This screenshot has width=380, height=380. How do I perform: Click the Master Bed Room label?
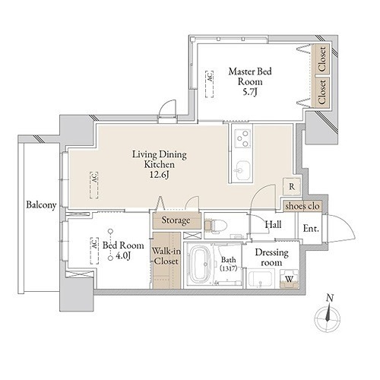click(250, 81)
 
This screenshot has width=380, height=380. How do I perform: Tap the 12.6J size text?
click(160, 175)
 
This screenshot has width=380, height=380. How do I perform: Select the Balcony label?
click(41, 205)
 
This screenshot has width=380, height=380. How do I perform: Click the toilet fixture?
click(215, 225)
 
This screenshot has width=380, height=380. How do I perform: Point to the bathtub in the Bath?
click(201, 264)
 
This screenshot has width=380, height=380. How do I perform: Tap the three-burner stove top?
click(242, 138)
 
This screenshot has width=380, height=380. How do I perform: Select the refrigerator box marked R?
click(292, 187)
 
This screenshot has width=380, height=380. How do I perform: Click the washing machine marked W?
click(289, 279)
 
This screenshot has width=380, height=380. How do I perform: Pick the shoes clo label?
click(302, 206)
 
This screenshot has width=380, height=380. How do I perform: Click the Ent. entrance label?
click(311, 229)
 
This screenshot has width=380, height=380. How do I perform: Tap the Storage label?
click(176, 220)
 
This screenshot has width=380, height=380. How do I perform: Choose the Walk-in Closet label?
click(166, 256)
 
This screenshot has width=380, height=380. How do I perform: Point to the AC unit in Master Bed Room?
click(209, 84)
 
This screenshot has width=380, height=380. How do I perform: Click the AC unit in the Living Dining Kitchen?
click(94, 185)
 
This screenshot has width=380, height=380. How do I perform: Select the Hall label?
click(273, 224)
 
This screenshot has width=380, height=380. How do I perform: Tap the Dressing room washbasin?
click(261, 278)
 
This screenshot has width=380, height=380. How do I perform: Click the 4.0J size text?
click(123, 256)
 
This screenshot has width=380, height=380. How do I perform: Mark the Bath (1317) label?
click(228, 264)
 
